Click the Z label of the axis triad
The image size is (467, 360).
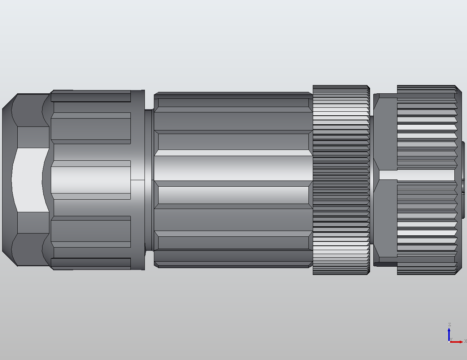pos(449,325)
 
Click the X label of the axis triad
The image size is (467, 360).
pos(465,341)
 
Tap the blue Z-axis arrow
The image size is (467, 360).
pos(449,333)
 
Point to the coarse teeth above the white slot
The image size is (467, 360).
pos(427,126)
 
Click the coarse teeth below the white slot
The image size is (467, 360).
pos(427,227)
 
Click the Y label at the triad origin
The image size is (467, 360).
pos(451,339)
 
